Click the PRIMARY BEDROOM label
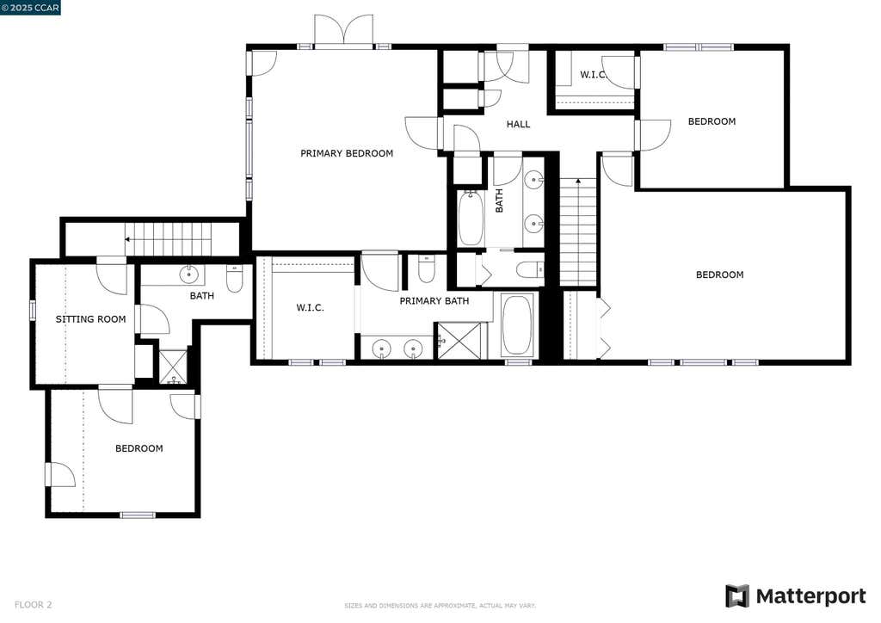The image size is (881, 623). click(347, 153)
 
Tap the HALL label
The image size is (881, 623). click(518, 124)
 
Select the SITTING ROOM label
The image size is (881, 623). click(90, 319)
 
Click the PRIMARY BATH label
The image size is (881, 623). click(434, 301)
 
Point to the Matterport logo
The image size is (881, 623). click(796, 596)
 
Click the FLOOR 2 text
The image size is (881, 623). click(34, 605)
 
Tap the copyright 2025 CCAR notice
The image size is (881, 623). click(30, 7)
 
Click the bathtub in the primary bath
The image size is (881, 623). click(516, 324)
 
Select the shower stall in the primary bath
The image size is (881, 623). click(459, 341)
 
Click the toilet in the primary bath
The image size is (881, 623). click(426, 268)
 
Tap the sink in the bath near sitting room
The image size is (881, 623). click(188, 274)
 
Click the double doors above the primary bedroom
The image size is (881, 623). click(343, 31)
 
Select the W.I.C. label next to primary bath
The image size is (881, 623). click(310, 308)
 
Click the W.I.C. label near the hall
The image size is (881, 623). click(593, 75)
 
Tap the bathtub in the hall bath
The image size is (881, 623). click(471, 219)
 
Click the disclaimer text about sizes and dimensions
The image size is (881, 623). click(440, 606)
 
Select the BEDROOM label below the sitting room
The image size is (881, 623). click(139, 448)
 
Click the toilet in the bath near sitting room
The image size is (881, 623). click(234, 279)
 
